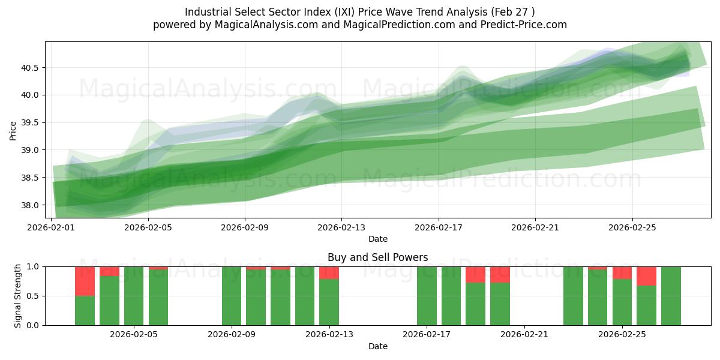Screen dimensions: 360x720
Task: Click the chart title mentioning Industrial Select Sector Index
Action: (359, 12)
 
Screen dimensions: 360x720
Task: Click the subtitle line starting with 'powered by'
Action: (359, 25)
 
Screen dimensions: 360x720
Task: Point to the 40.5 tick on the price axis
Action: (31, 68)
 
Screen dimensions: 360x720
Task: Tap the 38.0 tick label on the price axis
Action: (31, 205)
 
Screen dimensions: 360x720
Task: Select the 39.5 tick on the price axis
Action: (31, 122)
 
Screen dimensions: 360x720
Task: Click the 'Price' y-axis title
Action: (13, 130)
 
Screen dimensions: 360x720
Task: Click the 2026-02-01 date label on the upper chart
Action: (51, 228)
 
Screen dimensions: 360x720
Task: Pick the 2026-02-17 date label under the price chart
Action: (439, 228)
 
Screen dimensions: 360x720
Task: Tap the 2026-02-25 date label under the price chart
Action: (632, 228)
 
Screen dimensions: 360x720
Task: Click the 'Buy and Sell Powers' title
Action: (377, 257)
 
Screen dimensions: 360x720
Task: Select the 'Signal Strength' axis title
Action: (18, 295)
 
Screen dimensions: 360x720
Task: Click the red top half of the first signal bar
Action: (85, 281)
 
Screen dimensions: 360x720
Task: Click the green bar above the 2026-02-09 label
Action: (232, 296)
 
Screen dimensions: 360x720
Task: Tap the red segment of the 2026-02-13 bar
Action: (329, 272)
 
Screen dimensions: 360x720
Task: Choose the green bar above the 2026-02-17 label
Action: (427, 296)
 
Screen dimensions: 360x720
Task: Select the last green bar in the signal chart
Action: (671, 296)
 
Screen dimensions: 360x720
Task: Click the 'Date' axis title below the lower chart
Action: (377, 346)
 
